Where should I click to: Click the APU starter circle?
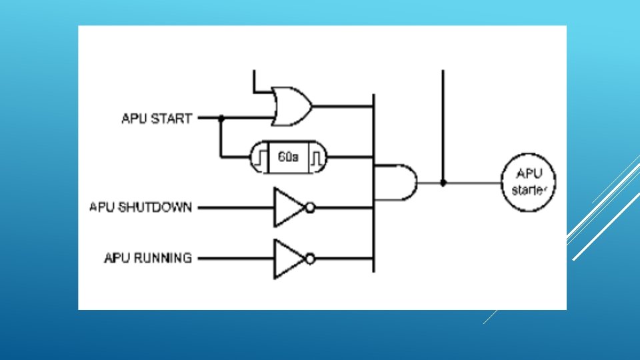coord(529,182)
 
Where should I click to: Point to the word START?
coord(172,119)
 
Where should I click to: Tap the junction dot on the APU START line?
coord(221,119)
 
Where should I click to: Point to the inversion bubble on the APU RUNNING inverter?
coord(309,258)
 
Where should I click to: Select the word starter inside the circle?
coord(529,190)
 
